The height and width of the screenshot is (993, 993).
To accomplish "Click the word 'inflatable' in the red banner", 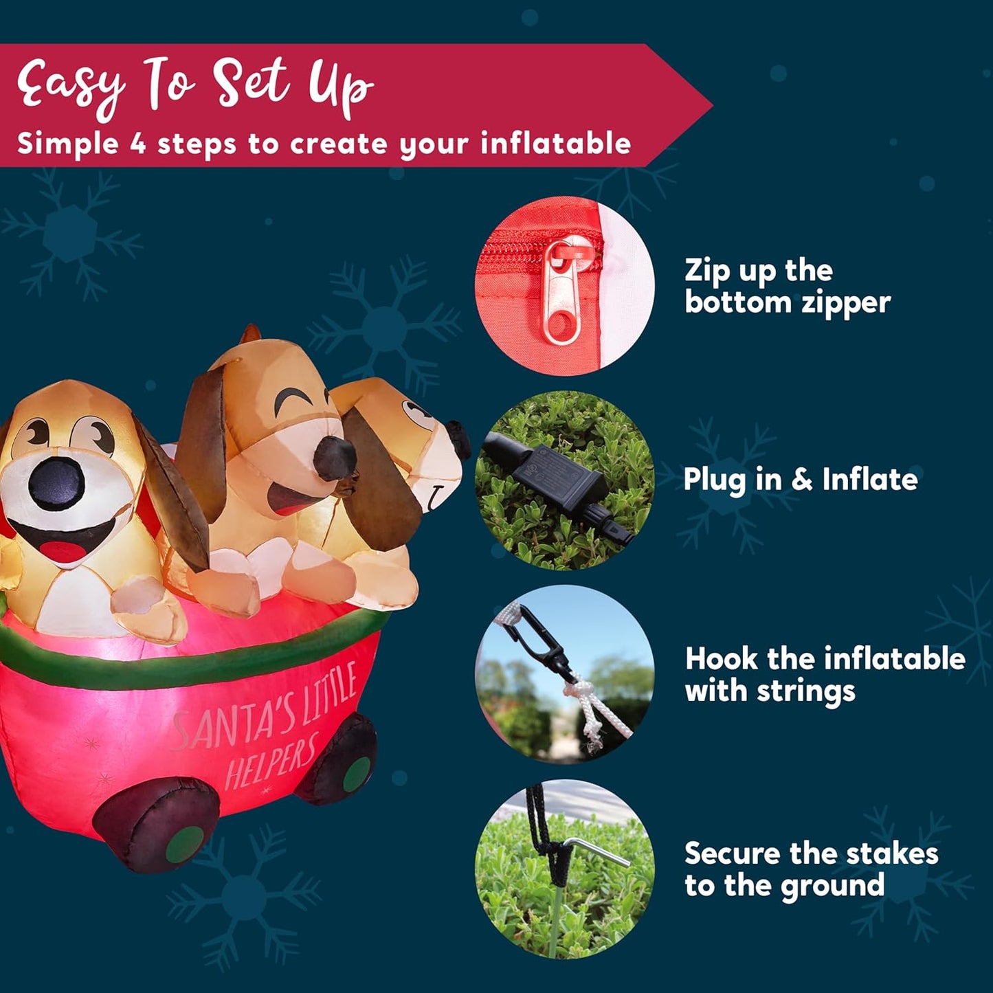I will tap(555, 144).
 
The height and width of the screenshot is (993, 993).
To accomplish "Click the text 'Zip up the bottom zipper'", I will tap(787, 287).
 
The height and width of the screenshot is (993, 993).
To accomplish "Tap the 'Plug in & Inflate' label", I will tap(800, 480).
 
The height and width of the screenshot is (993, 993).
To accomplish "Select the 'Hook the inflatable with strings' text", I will tap(825, 674).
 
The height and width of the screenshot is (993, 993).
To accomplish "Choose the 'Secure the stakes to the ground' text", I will tap(811, 869).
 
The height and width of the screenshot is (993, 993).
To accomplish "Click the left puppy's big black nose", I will tap(56, 483).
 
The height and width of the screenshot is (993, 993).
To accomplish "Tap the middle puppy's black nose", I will tap(334, 458).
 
